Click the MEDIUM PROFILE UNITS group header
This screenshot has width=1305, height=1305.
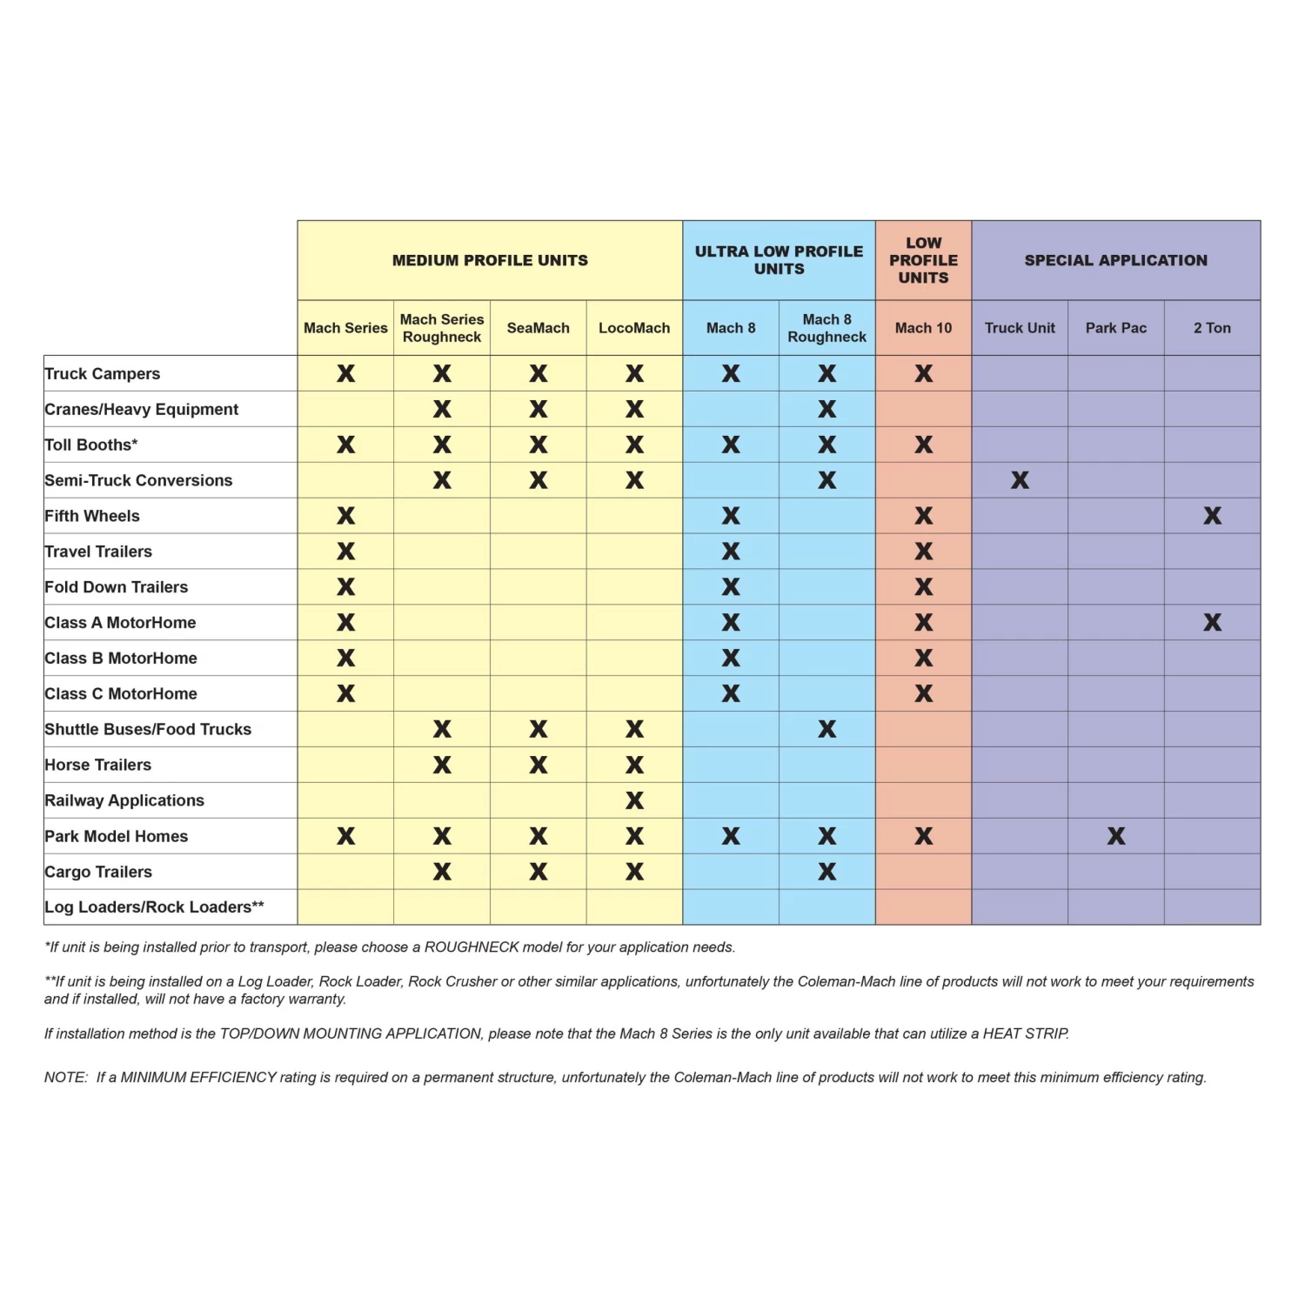[490, 260]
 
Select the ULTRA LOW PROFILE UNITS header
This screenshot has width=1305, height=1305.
[779, 260]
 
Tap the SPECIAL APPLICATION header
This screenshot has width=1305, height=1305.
[1115, 260]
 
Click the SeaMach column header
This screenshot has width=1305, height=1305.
[538, 328]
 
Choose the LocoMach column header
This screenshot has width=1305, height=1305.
[634, 328]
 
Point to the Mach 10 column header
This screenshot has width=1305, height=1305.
[923, 328]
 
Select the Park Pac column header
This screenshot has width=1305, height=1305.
[1115, 328]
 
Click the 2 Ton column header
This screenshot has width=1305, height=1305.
[1212, 328]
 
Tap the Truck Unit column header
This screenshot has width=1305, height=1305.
[1020, 328]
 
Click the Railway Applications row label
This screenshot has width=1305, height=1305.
[124, 800]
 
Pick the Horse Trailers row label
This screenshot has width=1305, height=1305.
[98, 765]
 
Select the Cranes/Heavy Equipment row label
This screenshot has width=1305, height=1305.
[142, 409]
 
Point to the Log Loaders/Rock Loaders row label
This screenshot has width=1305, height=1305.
[154, 907]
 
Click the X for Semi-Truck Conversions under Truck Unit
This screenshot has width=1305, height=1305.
[1020, 480]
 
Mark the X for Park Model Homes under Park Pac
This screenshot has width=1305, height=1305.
[1116, 836]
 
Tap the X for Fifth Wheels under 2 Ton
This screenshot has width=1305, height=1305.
[1212, 516]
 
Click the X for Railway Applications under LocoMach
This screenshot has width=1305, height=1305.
[634, 800]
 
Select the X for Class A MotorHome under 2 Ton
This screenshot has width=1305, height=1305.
[1212, 622]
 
